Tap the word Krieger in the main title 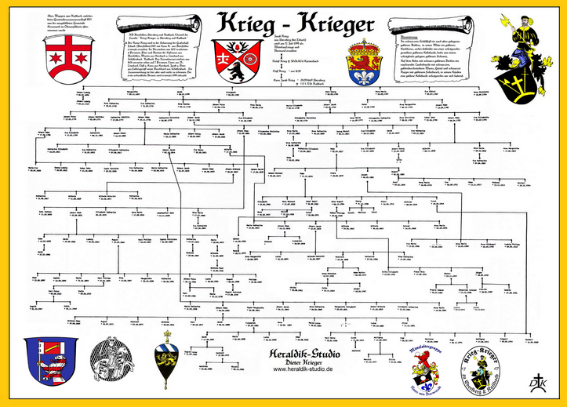click(x=333, y=26)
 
